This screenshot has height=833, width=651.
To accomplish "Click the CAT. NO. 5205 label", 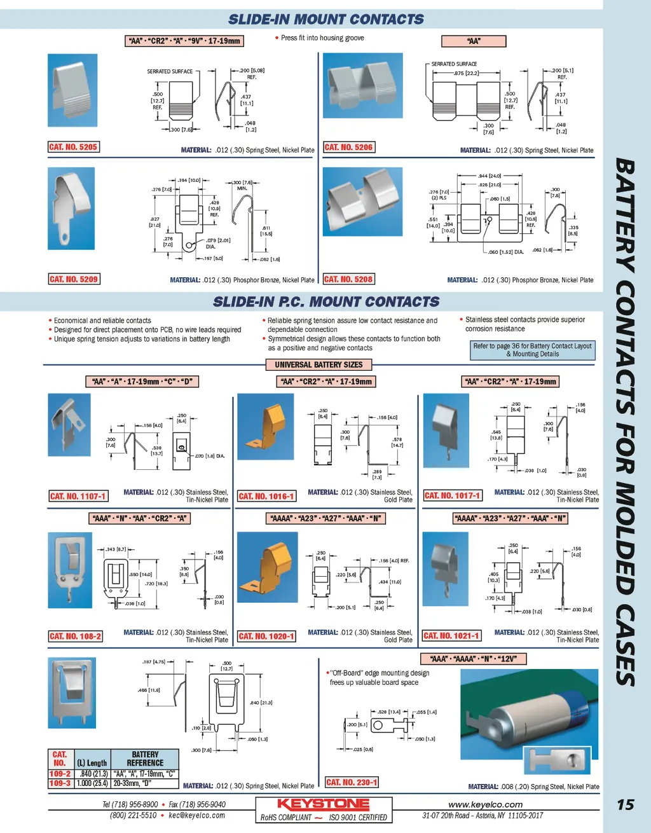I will coord(74,147).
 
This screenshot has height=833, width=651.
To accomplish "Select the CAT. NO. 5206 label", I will coord(348,147).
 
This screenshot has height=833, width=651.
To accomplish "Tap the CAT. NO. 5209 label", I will coord(74,279).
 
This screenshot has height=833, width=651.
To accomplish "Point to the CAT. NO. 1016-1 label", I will coord(266,496).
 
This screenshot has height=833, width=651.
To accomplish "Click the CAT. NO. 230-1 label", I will coord(352,782).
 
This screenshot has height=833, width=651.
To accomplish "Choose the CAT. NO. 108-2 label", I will coord(75,636).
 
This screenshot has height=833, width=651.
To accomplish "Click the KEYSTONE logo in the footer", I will coord(323,804).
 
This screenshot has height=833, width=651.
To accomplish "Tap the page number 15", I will coord(626,805).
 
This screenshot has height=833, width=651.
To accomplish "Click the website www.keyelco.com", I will coord(485,804).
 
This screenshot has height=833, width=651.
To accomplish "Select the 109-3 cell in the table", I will coord(60,783).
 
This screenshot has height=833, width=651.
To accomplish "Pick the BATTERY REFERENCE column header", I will coord(145,759).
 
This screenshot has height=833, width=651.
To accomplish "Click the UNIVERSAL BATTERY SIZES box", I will coord(319,365).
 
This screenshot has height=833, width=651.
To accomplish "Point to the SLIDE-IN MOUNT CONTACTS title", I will coord(325,20).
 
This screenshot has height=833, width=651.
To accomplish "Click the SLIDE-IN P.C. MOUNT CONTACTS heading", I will coord(326,301).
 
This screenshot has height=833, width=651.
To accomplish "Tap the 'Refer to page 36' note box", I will coord(532,350).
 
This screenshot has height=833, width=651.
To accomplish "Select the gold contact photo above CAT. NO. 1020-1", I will coord(266,567).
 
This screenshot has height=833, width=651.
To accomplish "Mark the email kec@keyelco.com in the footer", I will coord(197,815).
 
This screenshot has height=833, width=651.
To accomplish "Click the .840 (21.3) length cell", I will coord(93,774).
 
